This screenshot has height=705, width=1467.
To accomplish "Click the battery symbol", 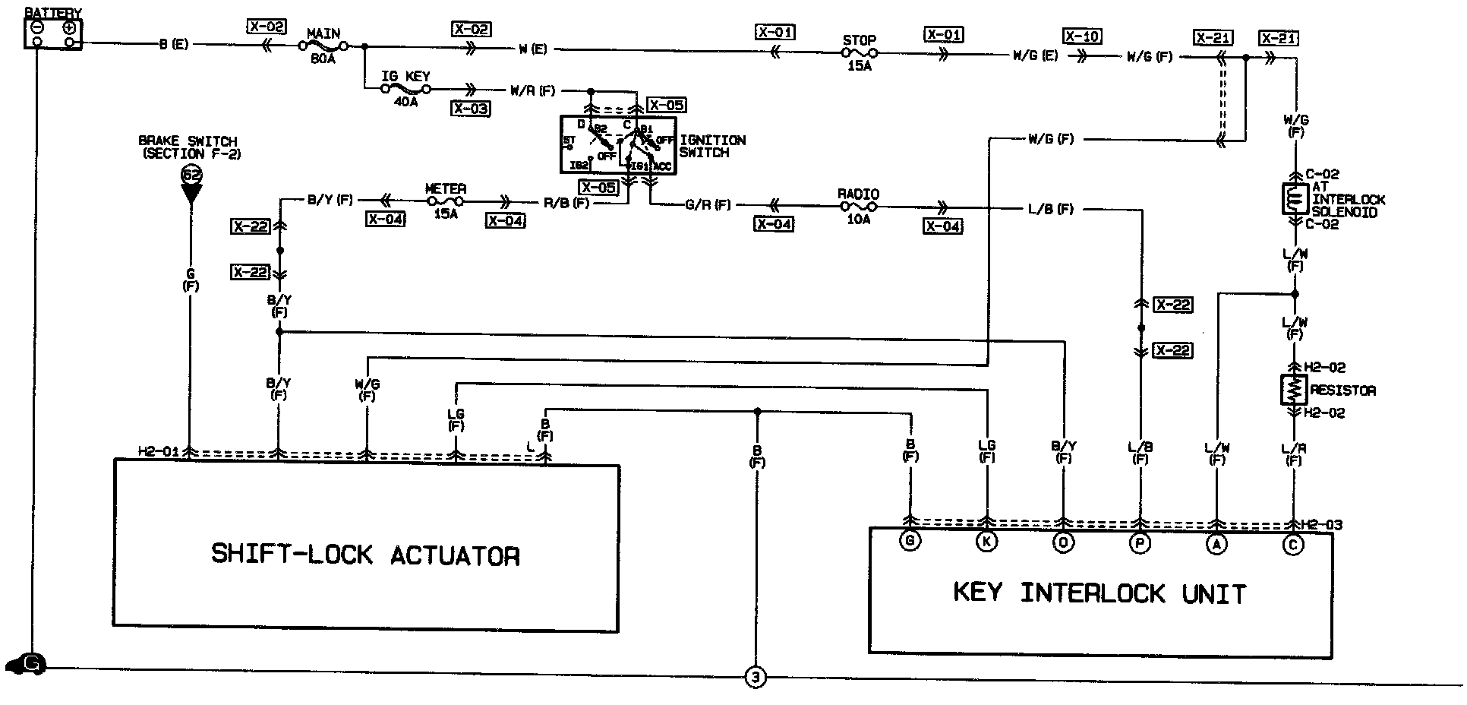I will point(52,34).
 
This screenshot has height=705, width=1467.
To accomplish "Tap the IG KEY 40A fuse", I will point(406,89).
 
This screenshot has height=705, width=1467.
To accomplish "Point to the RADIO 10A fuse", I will point(858,207).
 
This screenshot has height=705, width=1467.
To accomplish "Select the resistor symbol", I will point(1294,390).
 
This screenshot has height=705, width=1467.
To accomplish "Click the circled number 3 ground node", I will point(756,678).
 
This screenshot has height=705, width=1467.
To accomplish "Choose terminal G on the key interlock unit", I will point(909,542).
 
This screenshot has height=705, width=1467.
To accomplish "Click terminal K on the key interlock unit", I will point(986,542).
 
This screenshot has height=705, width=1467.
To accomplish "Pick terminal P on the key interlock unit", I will point(1140,542).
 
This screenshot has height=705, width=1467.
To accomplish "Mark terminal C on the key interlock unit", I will point(1293,544).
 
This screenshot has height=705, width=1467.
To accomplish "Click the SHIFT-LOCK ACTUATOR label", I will point(365,554).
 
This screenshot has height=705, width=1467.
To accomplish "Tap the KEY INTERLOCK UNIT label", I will point(1099,593).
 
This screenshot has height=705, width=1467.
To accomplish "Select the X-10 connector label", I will point(1082,36).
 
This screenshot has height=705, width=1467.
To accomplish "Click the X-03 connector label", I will point(470,109).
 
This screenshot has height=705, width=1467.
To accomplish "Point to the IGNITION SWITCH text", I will point(712,147).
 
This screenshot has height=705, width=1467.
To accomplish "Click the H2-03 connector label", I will point(1322,525).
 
